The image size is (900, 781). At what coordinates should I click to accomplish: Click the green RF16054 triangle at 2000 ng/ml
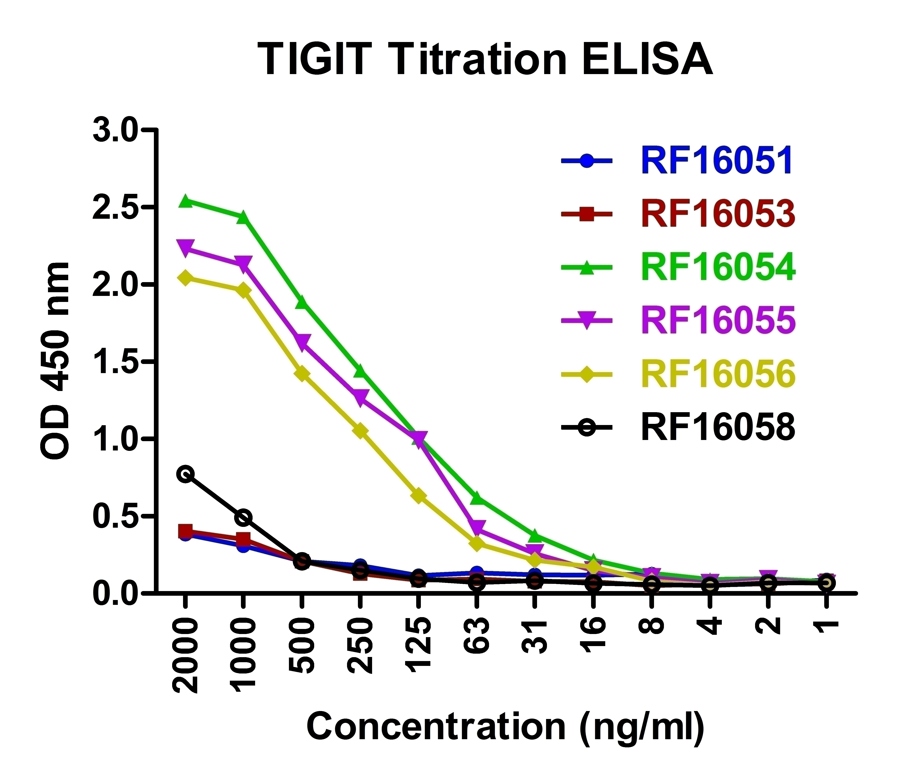point(186,201)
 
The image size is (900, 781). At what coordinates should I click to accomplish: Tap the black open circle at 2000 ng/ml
point(186,474)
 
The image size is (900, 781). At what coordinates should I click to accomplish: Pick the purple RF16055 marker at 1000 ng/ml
point(244,263)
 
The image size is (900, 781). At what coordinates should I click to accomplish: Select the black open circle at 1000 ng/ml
point(244,517)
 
